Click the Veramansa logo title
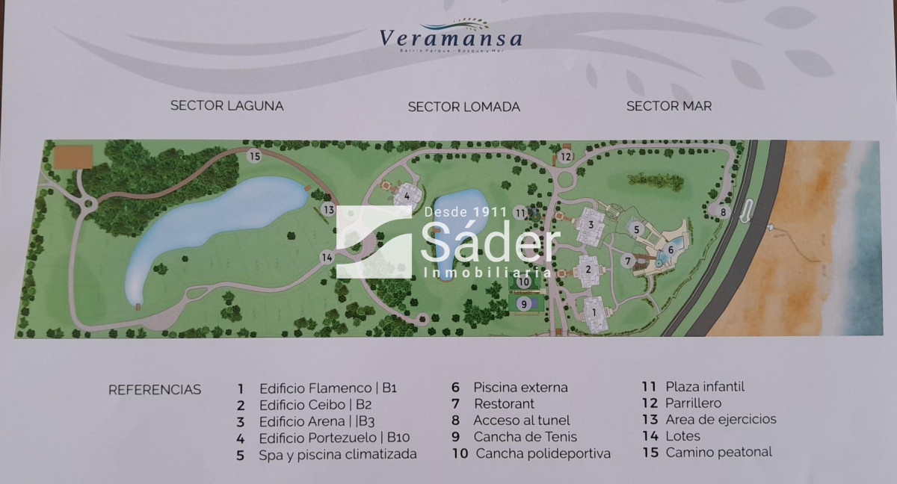[450, 37]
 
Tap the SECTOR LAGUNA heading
[226, 105]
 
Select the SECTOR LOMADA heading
[463, 107]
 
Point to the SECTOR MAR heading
[668, 105]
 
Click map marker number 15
[255, 156]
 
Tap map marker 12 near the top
[566, 157]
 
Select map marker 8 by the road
[723, 211]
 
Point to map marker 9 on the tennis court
[524, 303]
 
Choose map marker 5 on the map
[636, 229]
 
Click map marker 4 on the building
[407, 196]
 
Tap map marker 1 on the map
[595, 306]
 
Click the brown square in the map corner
[73, 157]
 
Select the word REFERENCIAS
[155, 390]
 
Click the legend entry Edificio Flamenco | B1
[327, 388]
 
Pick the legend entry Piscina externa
[520, 387]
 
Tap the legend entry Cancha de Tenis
[525, 437]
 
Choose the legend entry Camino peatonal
[718, 452]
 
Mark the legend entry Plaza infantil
[705, 386]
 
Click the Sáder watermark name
[490, 243]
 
